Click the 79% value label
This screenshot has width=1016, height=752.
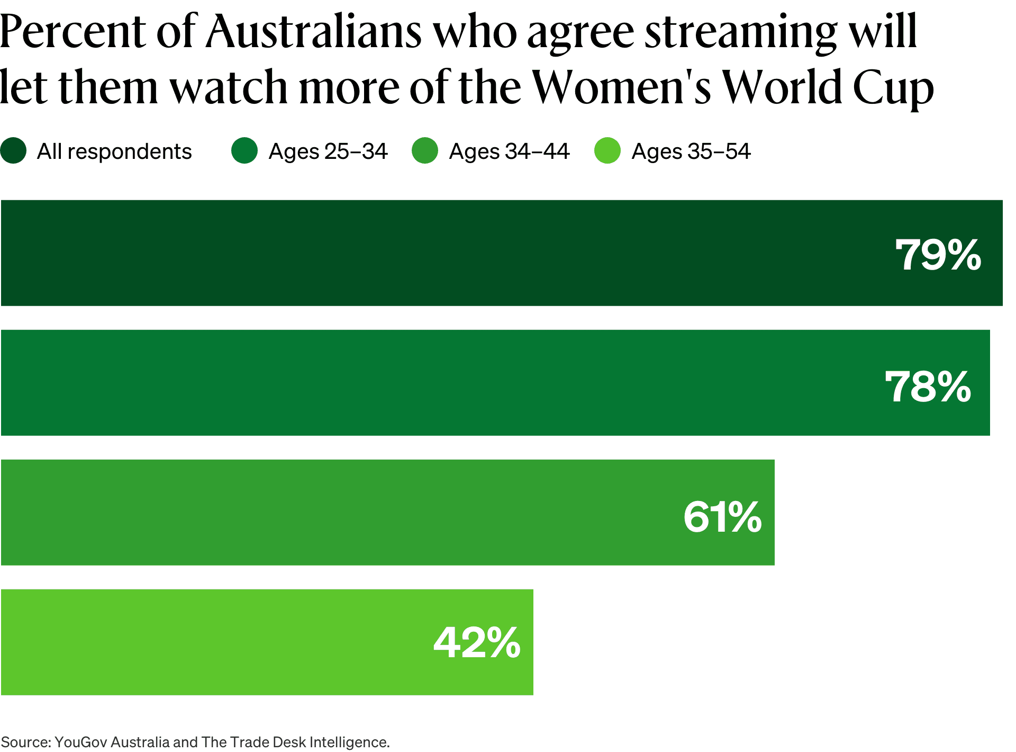tap(938, 255)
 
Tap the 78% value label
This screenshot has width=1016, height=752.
tap(928, 387)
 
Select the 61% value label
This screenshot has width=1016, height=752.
tap(722, 517)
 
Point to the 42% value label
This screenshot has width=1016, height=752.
tap(477, 642)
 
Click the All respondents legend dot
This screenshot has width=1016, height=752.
tap(14, 151)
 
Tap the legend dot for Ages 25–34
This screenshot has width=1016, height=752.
tap(244, 151)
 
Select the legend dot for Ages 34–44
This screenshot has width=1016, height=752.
tap(425, 151)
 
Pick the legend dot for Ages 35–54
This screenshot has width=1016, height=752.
tap(607, 151)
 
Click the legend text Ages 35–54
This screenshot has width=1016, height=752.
tap(691, 151)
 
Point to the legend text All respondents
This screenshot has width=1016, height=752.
tap(114, 151)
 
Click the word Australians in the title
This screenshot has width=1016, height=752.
tap(314, 32)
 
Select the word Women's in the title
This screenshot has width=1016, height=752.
tap(622, 87)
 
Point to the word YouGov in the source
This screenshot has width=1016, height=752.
tap(80, 742)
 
